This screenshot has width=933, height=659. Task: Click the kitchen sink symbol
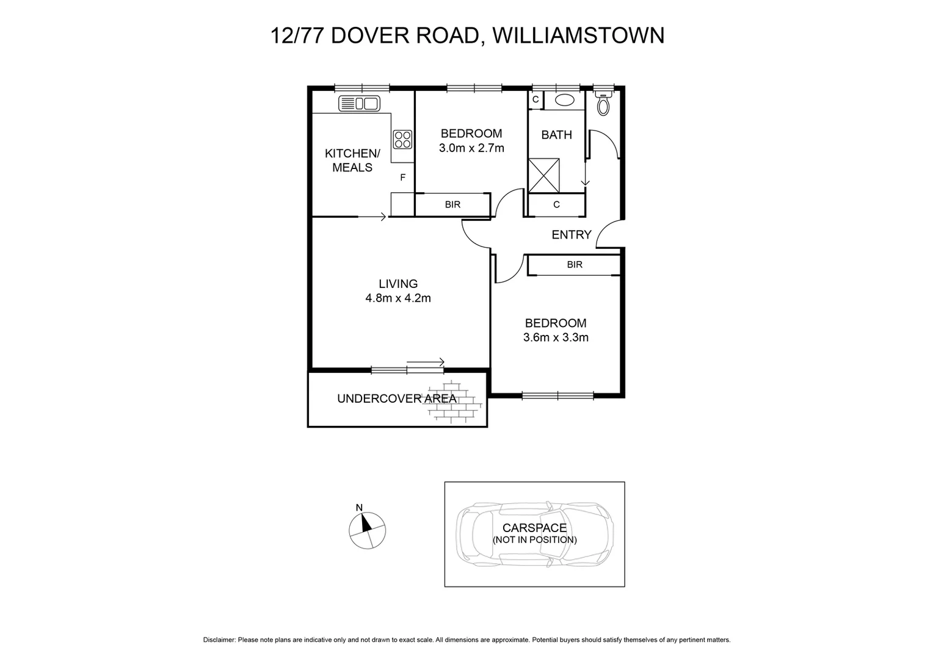coord(359,104)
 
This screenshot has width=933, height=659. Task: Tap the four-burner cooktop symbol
coord(402,140)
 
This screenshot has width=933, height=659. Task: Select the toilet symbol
coord(603,104)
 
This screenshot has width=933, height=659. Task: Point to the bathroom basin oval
coord(564,101)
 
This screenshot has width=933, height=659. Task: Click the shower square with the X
coord(543,175)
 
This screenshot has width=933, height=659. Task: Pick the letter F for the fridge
coord(402,178)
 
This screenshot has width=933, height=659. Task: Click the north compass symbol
coord(367,529)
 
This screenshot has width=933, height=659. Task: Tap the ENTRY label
coord(572,235)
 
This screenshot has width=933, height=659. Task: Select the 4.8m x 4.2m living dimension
coord(398,298)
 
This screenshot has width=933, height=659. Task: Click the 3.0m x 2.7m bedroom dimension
coord(471,148)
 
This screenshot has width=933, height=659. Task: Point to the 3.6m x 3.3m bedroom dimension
coord(556,337)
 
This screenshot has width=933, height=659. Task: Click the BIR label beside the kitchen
coord(452,205)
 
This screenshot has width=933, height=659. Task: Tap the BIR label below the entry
coord(575,265)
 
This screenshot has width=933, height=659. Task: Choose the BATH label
coord(557,135)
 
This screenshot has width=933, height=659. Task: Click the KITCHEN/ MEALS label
coord(352,160)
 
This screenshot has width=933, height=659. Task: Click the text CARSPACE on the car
coord(534,528)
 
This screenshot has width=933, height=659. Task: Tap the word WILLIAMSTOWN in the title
coord(578,35)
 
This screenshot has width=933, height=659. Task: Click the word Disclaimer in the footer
coord(219,640)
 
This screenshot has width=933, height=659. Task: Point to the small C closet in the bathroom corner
coord(535,99)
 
